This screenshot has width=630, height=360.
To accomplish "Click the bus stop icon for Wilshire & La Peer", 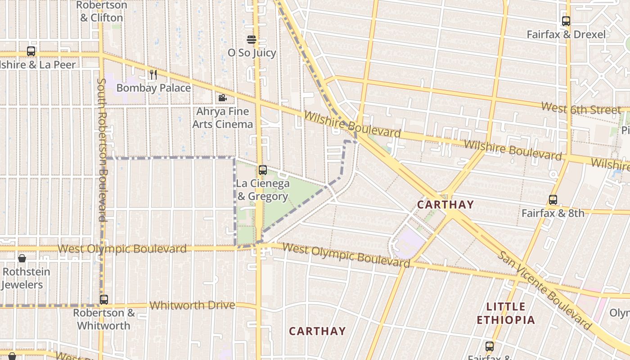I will click(x=31, y=51).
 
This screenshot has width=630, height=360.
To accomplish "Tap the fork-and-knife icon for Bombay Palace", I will click(x=153, y=75).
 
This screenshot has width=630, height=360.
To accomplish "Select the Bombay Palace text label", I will click(x=153, y=88).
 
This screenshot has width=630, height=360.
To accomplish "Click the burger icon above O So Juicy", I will click(x=252, y=40).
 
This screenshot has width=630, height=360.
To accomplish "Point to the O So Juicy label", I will click(x=252, y=53).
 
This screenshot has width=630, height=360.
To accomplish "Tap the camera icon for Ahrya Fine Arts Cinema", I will click(x=222, y=98).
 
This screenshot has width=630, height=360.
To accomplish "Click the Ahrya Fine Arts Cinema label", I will click(x=223, y=117).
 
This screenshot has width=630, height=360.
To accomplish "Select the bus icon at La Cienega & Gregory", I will click(x=263, y=170).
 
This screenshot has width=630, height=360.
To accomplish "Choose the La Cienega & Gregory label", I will click(x=262, y=190).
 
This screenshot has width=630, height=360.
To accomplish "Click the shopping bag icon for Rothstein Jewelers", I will click(x=22, y=258).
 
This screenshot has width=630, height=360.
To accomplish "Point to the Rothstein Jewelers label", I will click(x=26, y=278).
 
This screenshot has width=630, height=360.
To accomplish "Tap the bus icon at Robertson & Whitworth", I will click(x=104, y=299).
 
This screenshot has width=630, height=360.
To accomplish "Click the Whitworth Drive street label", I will click(x=192, y=305).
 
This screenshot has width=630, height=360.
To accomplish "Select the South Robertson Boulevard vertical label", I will click(x=102, y=150).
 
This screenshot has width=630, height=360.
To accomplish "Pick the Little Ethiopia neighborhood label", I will click(x=506, y=313).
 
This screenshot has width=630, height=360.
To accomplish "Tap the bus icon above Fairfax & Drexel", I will click(x=566, y=21).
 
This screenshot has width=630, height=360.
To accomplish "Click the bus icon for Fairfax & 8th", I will click(x=553, y=200).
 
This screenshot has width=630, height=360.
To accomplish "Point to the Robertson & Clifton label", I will click(x=101, y=12).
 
